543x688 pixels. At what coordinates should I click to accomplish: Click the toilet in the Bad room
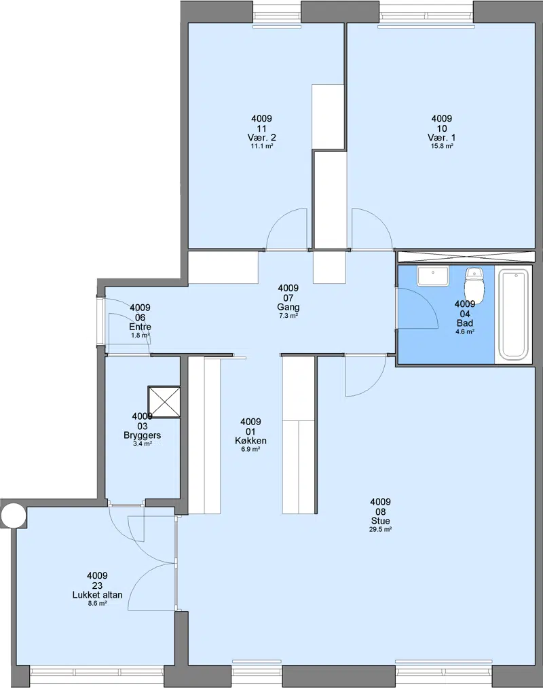pos(474,285)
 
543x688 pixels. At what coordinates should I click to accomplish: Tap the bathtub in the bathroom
pos(514,315)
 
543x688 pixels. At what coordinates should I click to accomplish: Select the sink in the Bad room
pos(433,276)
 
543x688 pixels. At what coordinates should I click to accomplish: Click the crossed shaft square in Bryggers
pos(164,402)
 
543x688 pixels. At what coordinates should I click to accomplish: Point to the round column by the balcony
pos(13,515)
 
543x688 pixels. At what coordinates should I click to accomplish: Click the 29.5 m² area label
pos(380,530)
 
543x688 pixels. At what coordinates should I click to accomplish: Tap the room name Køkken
pos(250,441)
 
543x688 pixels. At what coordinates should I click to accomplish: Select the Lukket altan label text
pos(97,595)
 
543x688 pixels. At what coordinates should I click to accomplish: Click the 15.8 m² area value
pos(442,146)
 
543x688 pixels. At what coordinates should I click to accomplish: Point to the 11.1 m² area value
pos(262,146)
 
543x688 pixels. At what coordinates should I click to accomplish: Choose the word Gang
pos(288,307)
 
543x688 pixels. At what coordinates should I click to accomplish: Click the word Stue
pos(380,521)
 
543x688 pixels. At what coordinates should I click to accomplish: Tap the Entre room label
pos(141,327)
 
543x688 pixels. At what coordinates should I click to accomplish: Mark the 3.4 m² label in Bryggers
pos(142,443)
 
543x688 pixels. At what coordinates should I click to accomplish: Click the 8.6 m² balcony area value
pos(97,603)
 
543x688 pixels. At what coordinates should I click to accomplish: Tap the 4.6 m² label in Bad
pos(465,331)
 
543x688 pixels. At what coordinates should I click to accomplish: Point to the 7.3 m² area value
pos(288,316)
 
